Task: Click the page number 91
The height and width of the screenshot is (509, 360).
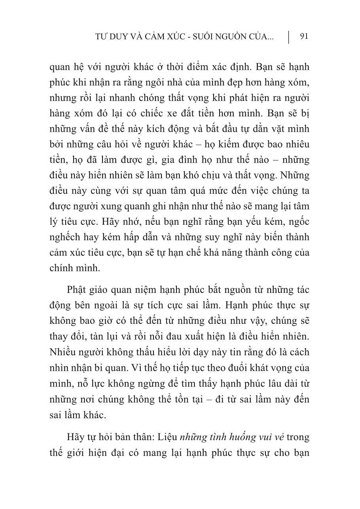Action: coord(304,37)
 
